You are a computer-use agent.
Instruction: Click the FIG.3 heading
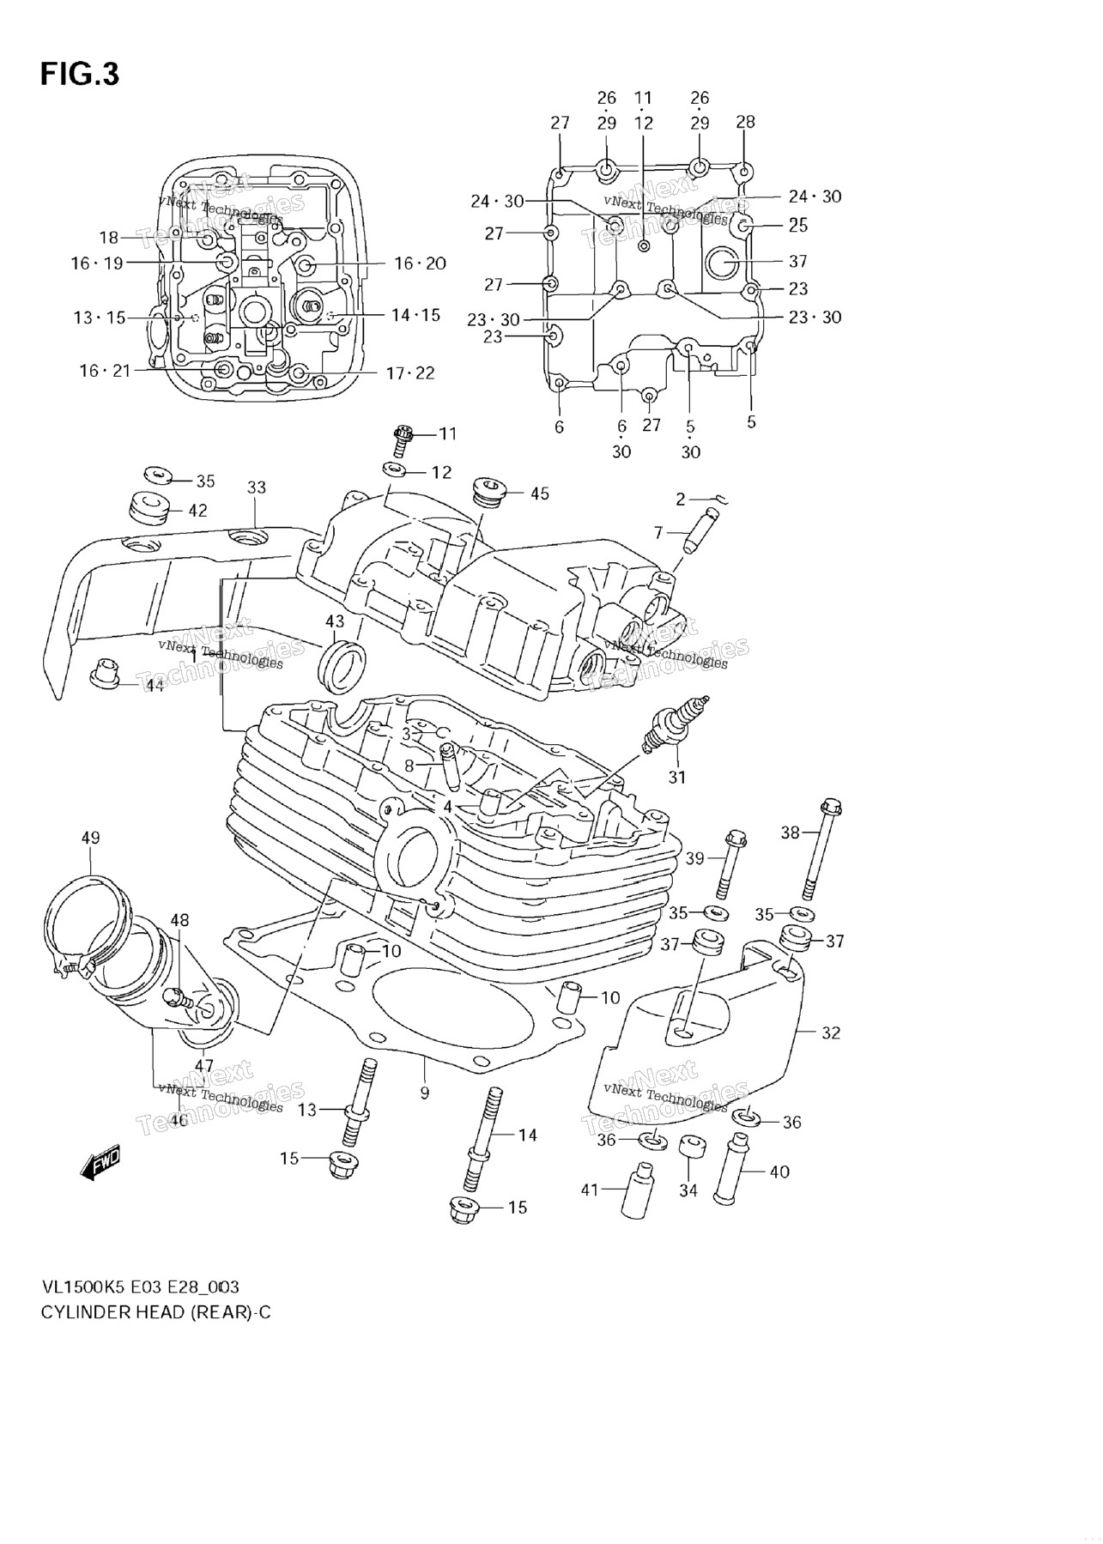pyautogui.click(x=80, y=75)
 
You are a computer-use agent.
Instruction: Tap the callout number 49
pyautogui.click(x=90, y=838)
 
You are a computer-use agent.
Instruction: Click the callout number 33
pyautogui.click(x=257, y=487)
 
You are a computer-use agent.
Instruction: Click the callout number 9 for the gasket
pyautogui.click(x=425, y=1093)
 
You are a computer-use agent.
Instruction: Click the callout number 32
pyautogui.click(x=831, y=1032)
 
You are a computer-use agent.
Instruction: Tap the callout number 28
pyautogui.click(x=745, y=122)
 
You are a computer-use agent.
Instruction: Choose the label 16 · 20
pyautogui.click(x=421, y=263)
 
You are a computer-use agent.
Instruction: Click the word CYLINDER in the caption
pyautogui.click(x=85, y=1312)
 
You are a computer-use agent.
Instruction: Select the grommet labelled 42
pyautogui.click(x=148, y=506)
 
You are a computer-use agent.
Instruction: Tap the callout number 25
pyautogui.click(x=798, y=226)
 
